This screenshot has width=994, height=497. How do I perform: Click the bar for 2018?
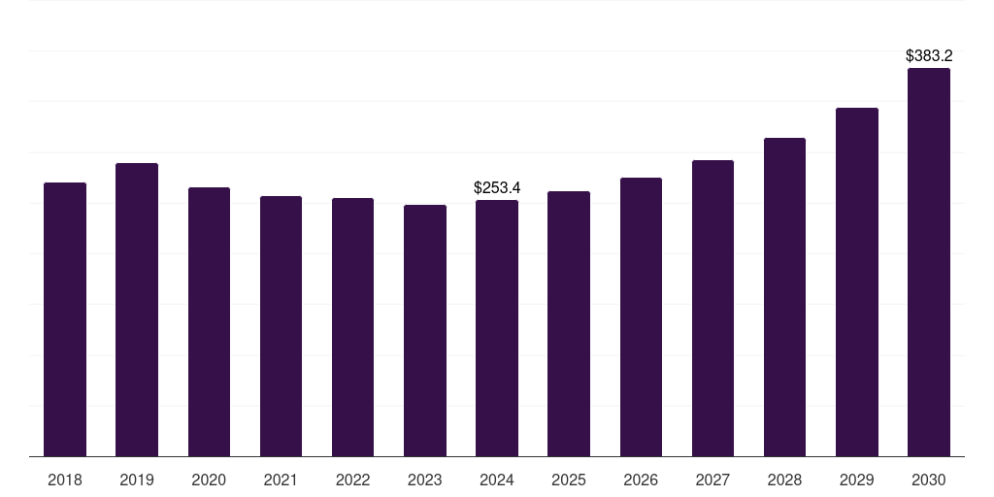65,319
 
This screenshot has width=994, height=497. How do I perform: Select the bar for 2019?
137,310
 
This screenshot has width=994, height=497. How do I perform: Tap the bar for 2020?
209,321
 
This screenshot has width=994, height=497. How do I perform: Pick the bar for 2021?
281,326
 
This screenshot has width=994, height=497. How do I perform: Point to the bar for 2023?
425,330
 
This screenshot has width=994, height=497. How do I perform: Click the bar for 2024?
497,328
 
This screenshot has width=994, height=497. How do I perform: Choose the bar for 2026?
641,316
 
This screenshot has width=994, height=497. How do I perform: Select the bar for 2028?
784,297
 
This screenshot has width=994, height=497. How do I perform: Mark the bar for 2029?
857,282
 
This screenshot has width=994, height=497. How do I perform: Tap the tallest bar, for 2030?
929,262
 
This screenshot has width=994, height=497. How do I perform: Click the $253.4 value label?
497,187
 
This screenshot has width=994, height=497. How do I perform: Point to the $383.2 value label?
929,56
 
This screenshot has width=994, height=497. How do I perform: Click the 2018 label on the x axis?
65,480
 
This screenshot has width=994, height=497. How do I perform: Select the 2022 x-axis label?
353,480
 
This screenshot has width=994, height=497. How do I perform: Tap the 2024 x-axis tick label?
497,480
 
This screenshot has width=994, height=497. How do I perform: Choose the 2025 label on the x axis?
569,480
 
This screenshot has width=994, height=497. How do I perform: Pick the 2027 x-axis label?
712,480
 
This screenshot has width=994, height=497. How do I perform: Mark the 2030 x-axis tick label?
929,480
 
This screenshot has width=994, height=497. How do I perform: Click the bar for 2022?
353,327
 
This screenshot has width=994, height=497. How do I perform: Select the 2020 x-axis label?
209,480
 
